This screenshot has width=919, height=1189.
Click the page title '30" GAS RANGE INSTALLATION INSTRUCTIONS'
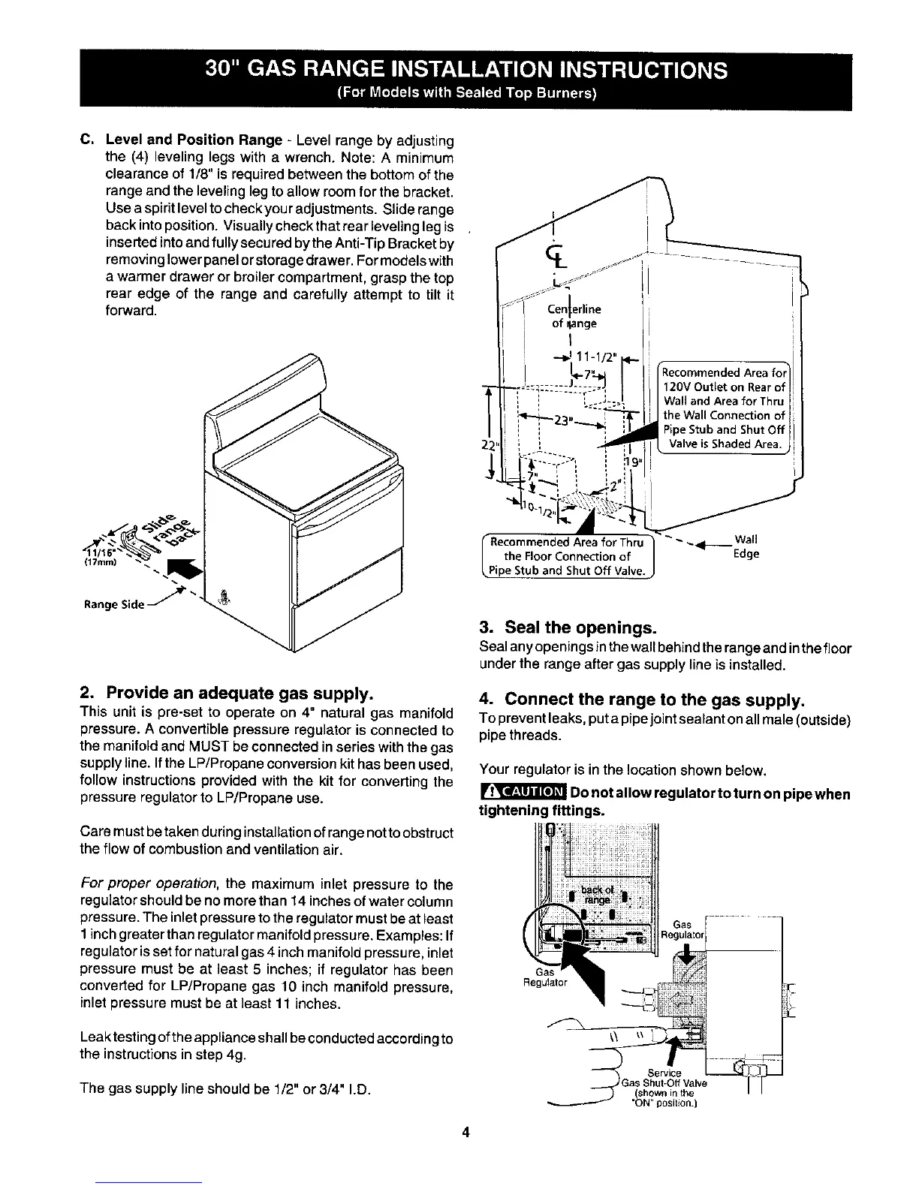466,70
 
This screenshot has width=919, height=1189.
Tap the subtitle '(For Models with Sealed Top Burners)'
466,94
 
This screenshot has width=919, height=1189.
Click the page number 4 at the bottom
466,1133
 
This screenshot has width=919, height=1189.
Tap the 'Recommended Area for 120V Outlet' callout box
722,408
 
